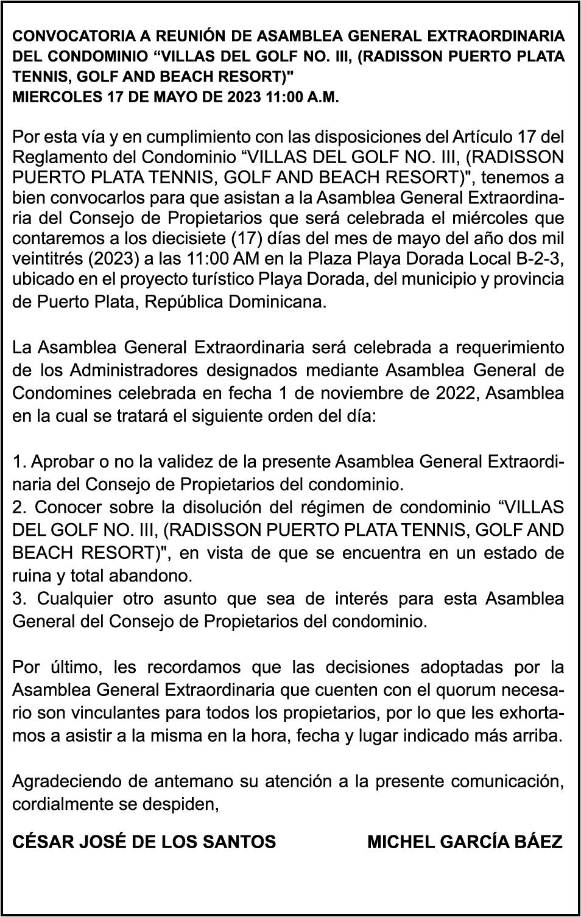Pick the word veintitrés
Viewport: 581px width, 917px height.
pos(48,259)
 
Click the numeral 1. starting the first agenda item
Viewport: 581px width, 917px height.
pos(18,462)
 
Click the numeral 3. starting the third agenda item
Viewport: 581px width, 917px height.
pos(19,599)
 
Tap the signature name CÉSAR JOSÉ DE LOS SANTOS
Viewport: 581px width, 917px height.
pos(144,842)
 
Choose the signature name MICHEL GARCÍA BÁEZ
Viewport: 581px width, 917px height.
pos(465,842)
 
